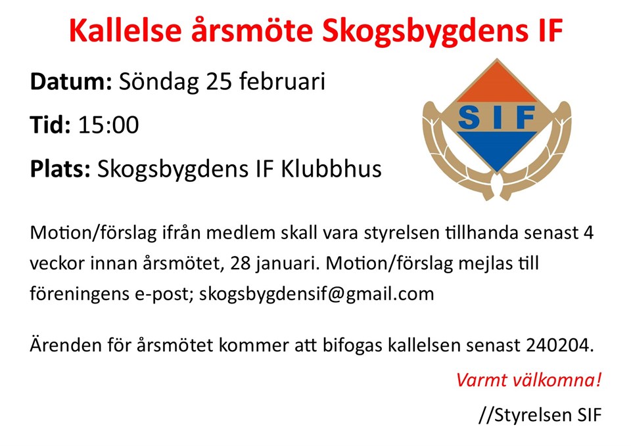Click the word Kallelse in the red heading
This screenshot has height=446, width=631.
point(125,31)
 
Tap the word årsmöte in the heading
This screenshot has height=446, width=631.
point(252,31)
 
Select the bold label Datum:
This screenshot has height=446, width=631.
point(71,81)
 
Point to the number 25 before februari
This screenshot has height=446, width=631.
point(219,82)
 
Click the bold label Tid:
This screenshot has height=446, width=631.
point(51,125)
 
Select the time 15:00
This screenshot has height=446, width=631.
point(108,125)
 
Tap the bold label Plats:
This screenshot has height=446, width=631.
point(60,169)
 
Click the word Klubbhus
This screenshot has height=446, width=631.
point(331,169)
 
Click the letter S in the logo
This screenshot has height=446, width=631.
point(469,118)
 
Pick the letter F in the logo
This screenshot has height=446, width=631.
point(525,118)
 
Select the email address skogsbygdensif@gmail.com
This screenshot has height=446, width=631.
point(317,294)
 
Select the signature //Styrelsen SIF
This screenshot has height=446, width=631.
point(540,415)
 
